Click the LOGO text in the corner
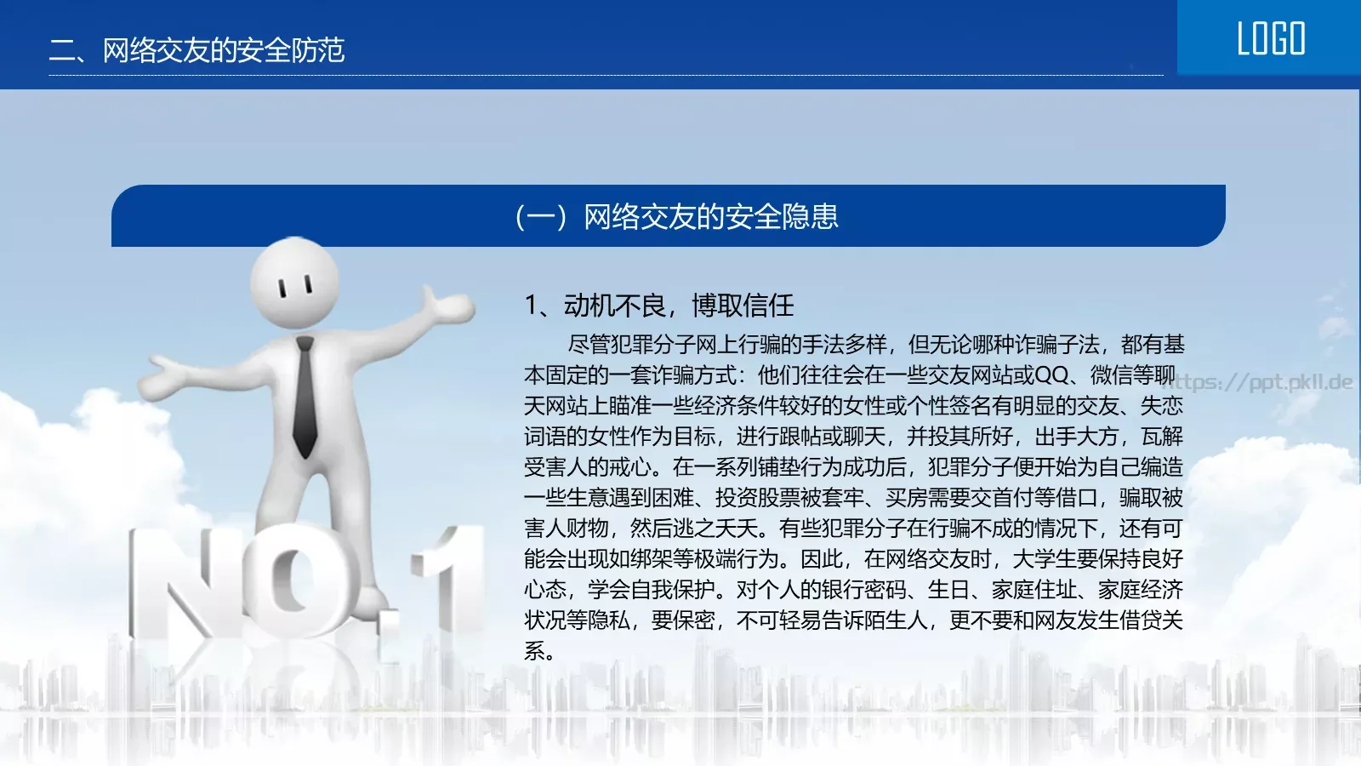tap(1271, 39)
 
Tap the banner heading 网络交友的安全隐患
tap(710, 217)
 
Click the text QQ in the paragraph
tap(1051, 375)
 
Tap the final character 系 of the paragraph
tap(535, 651)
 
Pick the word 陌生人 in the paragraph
tap(896, 620)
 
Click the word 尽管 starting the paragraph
tap(589, 345)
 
